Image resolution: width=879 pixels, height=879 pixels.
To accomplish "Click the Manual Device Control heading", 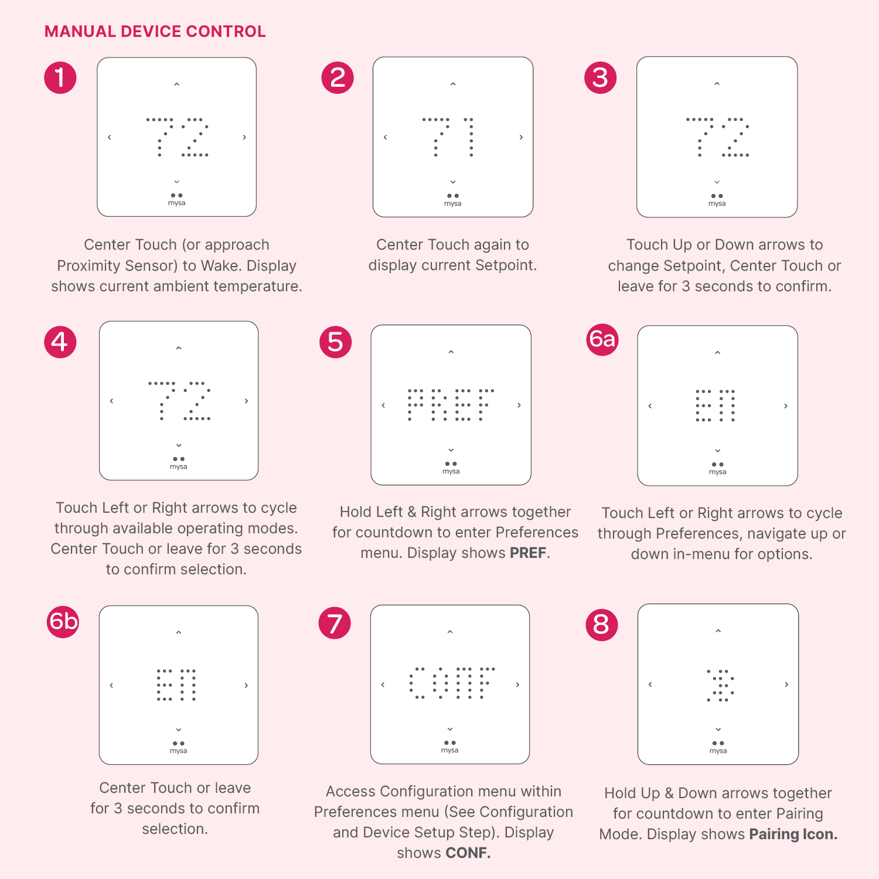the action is [155, 32].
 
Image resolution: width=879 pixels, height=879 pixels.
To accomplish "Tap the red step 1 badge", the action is [60, 78].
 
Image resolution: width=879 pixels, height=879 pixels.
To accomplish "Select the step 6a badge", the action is [602, 339].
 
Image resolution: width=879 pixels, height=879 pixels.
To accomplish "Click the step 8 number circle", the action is [602, 624].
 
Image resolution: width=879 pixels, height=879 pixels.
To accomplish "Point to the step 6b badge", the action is [63, 621].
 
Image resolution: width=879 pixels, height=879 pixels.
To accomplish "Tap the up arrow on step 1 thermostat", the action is [176, 85].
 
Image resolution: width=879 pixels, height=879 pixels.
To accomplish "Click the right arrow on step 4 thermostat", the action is [247, 401].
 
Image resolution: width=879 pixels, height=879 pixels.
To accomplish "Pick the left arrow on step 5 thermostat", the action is [383, 405].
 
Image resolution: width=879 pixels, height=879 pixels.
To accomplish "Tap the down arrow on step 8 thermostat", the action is [718, 730].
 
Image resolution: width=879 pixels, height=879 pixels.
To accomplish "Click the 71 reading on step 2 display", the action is [448, 137].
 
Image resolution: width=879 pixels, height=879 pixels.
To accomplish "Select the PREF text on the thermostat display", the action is [451, 405].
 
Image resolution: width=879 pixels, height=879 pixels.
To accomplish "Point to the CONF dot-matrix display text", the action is [451, 683].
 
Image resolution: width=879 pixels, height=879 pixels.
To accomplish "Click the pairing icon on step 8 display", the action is [720, 686].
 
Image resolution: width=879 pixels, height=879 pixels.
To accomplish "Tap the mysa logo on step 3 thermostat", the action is [717, 200].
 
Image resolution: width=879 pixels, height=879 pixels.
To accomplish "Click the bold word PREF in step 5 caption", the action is [528, 553].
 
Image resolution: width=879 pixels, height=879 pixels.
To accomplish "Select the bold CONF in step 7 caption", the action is [468, 853].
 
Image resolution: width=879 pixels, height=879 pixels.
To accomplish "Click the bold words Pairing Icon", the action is [793, 834].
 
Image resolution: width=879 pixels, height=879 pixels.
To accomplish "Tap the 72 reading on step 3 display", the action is [717, 137].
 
